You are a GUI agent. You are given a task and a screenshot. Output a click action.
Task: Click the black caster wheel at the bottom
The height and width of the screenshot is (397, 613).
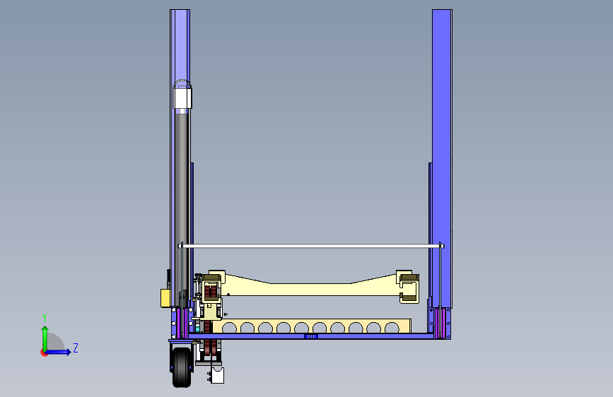coord(182,367)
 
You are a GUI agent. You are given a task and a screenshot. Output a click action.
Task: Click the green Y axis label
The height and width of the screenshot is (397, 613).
coord(45,317)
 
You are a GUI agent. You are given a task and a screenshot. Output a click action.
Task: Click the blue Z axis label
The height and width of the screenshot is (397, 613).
coord(76,348)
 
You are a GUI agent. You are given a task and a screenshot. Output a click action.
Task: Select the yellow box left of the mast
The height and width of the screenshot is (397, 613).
coord(165,298)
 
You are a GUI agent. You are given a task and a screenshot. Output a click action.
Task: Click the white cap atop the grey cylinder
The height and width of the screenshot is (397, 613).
coord(182,97)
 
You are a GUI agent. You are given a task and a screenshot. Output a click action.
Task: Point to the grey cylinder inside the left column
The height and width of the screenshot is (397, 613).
coord(181,203)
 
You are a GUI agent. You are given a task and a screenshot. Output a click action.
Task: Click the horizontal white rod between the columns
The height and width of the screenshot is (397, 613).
coord(311,246)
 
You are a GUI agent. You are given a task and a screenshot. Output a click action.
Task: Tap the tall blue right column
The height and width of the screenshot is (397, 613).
coord(442,156)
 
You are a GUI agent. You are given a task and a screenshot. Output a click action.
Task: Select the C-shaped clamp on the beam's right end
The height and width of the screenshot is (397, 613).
coord(409,288)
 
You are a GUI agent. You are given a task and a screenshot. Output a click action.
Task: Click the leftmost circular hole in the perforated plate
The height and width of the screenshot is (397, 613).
coord(230,328)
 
